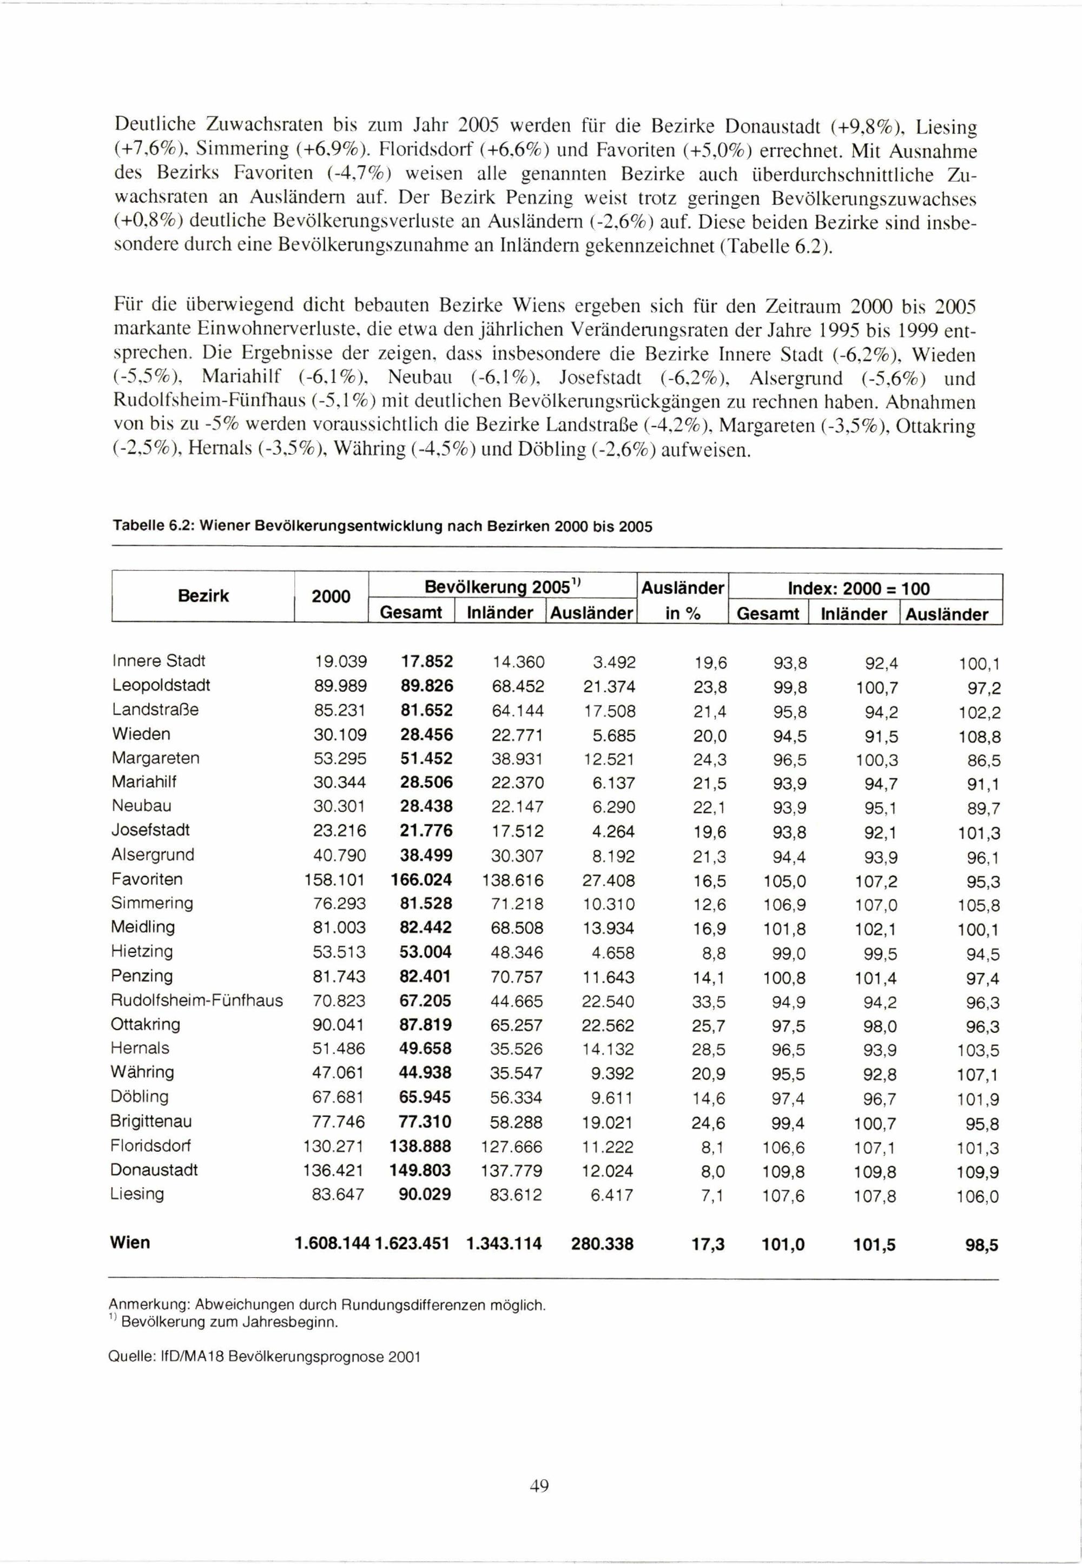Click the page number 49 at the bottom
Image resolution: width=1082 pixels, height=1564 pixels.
[539, 1486]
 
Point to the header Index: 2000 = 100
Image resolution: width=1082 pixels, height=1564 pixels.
[859, 588]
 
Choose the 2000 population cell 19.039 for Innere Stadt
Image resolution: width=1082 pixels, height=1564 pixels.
[340, 661]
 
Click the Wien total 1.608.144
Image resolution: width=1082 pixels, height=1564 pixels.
[332, 1243]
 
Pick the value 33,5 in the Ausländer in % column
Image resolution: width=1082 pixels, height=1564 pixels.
[709, 1001]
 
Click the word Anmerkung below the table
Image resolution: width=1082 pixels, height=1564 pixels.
[142, 1305]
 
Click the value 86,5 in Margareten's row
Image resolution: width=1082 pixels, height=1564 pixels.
[984, 760]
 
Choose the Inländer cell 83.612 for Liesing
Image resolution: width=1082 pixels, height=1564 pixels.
[516, 1195]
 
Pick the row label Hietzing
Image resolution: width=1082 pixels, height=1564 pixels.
[142, 951]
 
